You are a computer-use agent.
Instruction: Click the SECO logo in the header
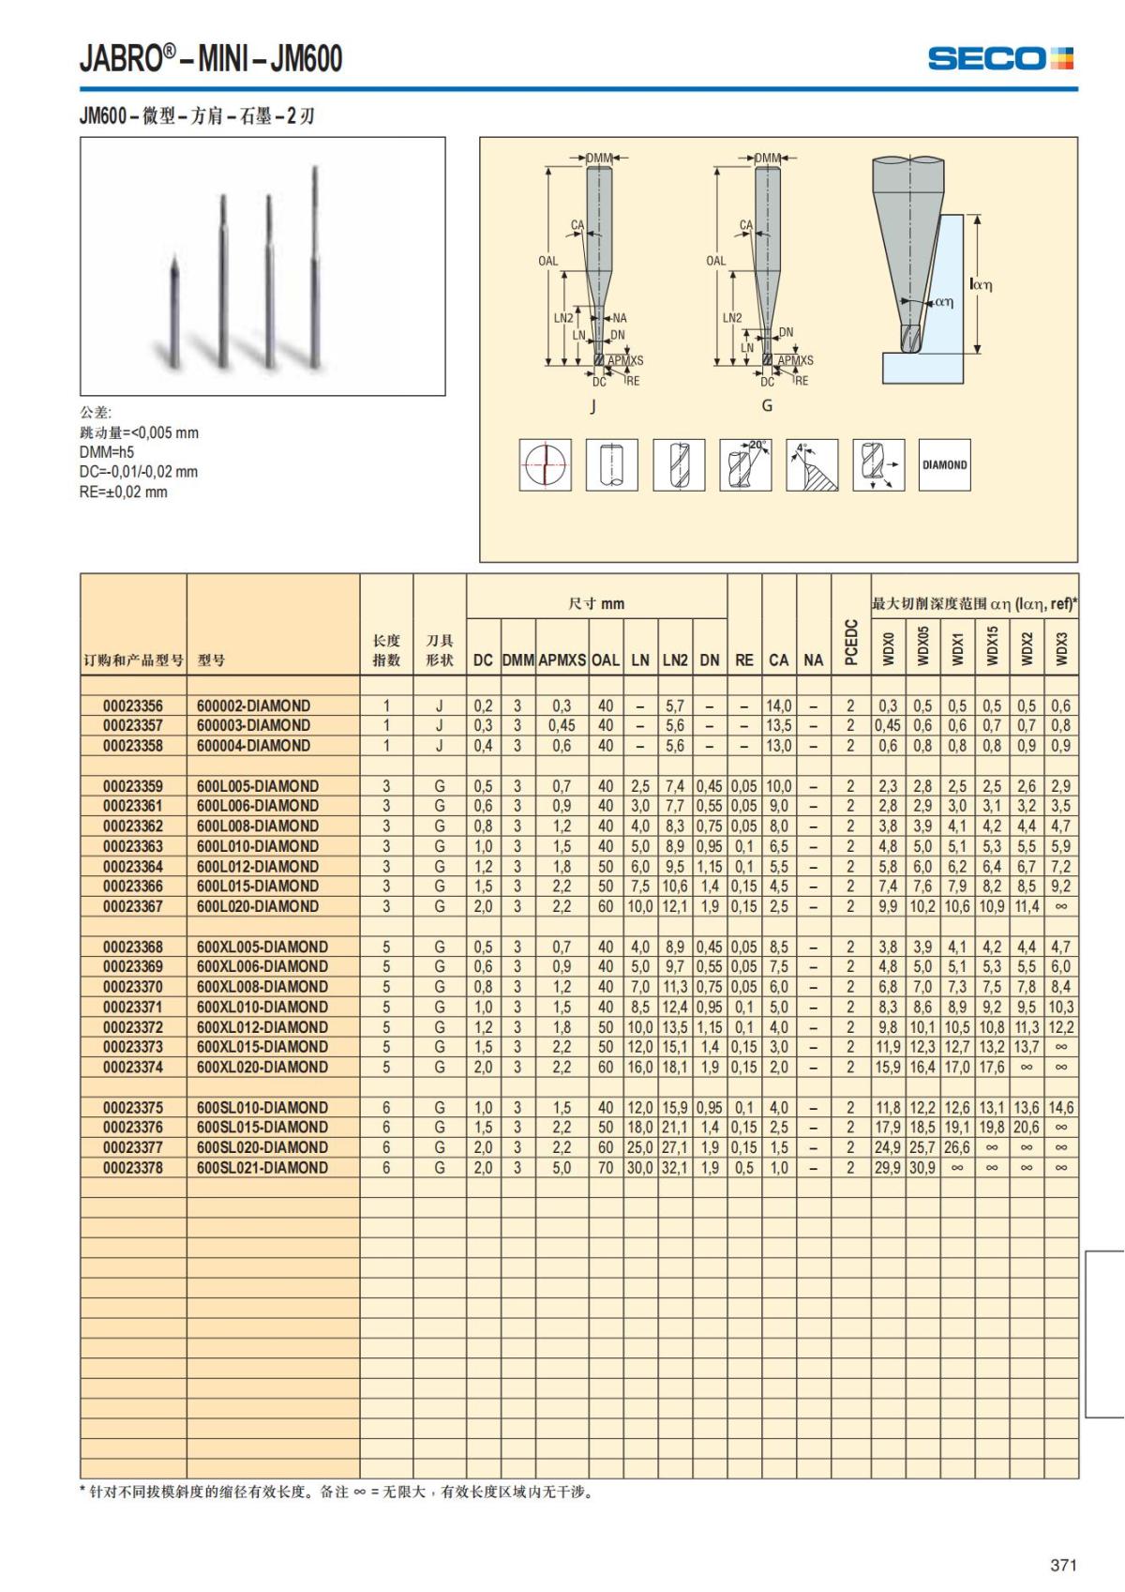pos(999,58)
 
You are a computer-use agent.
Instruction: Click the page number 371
pos(1063,1565)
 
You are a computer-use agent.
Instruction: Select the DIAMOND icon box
pos(944,464)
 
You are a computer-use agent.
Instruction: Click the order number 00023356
pos(133,705)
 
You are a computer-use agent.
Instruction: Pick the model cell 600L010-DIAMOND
pos(258,846)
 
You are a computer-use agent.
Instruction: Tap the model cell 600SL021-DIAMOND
pos(262,1168)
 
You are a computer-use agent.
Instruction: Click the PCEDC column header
pos(850,642)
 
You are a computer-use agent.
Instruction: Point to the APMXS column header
pos(562,660)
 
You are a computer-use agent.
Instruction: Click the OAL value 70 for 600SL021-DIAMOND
pos(606,1168)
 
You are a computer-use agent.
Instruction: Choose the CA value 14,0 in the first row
pos(778,705)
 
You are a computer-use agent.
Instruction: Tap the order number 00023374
pos(133,1067)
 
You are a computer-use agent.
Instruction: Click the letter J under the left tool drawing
pos(592,406)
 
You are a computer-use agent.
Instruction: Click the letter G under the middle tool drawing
pos(767,405)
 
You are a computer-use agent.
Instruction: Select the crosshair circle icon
pos(546,464)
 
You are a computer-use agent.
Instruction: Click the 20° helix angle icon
pos(746,464)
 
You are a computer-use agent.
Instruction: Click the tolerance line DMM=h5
pos(107,452)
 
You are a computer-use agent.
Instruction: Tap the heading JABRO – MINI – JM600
pos(211,59)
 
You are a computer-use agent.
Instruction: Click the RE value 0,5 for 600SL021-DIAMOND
pos(743,1168)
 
